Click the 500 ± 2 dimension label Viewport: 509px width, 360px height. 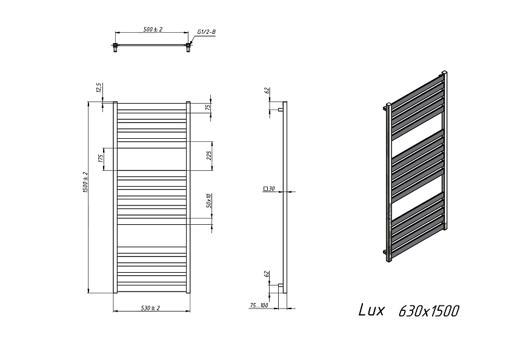point(153,29)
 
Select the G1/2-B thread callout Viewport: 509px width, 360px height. point(207,32)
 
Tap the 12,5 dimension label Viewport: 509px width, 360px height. point(99,88)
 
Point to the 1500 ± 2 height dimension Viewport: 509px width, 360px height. point(85,182)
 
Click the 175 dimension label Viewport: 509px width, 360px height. point(101,158)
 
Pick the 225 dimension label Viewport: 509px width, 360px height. point(210,156)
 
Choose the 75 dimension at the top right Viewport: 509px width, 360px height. point(208,107)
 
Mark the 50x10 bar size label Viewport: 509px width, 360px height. point(209,201)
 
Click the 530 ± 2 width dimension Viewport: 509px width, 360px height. point(151,308)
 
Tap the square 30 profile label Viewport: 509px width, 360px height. point(269,188)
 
